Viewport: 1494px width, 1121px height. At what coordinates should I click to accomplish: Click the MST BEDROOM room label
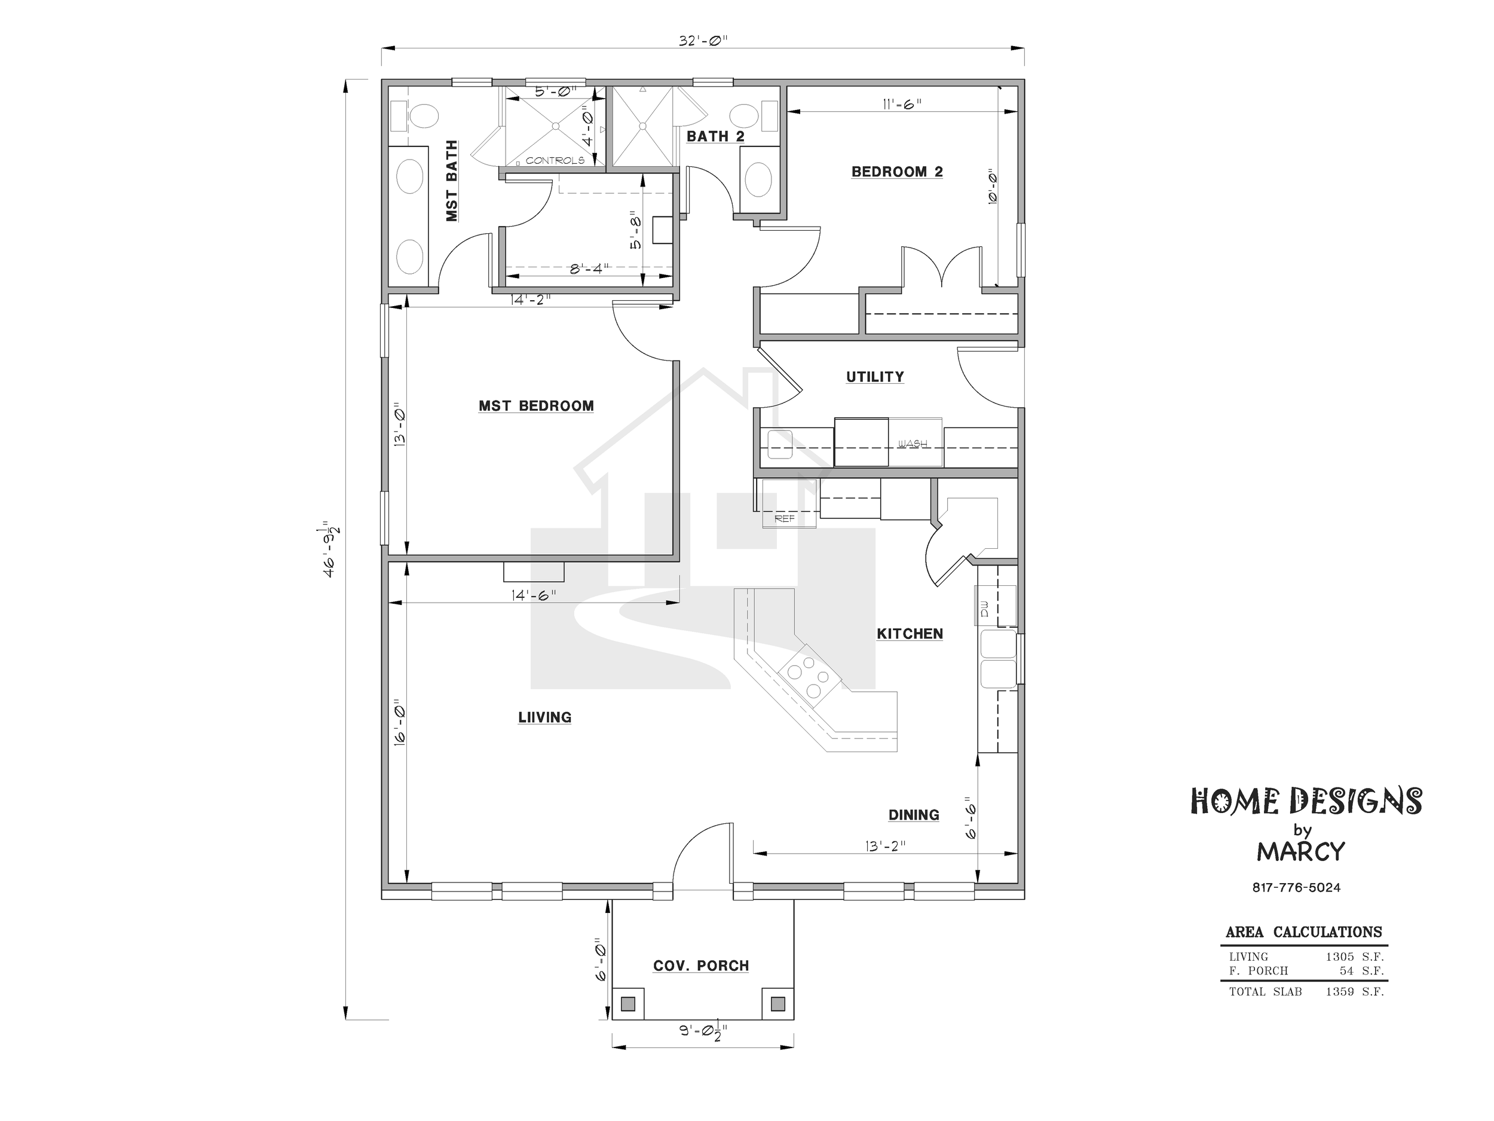[536, 406]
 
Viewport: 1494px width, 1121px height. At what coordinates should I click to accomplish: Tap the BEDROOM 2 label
[897, 172]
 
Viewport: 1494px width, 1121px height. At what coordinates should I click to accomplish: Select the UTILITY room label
[875, 377]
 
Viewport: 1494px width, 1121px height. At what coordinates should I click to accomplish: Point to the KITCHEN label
[910, 634]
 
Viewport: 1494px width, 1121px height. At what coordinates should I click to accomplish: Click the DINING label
[913, 815]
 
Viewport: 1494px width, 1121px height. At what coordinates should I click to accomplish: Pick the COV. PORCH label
[701, 966]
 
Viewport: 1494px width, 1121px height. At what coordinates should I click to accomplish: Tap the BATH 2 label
[715, 136]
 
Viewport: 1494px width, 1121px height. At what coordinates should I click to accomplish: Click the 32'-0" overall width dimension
[703, 41]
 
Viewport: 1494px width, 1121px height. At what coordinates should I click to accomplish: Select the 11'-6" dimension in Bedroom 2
[902, 104]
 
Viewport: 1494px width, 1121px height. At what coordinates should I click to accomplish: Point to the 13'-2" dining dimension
[885, 845]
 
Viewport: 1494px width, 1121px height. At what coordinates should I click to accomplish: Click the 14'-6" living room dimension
[534, 595]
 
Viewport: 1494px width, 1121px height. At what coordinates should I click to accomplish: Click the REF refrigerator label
[784, 519]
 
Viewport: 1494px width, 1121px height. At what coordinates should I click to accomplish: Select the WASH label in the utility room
[913, 444]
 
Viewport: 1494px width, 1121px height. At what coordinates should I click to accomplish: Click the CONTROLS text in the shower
[555, 161]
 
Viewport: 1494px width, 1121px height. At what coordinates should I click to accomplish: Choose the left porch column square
[628, 1003]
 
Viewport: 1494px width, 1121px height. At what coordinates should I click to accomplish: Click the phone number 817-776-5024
[1296, 887]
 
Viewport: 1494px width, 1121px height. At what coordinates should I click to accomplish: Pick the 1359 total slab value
[1339, 992]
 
